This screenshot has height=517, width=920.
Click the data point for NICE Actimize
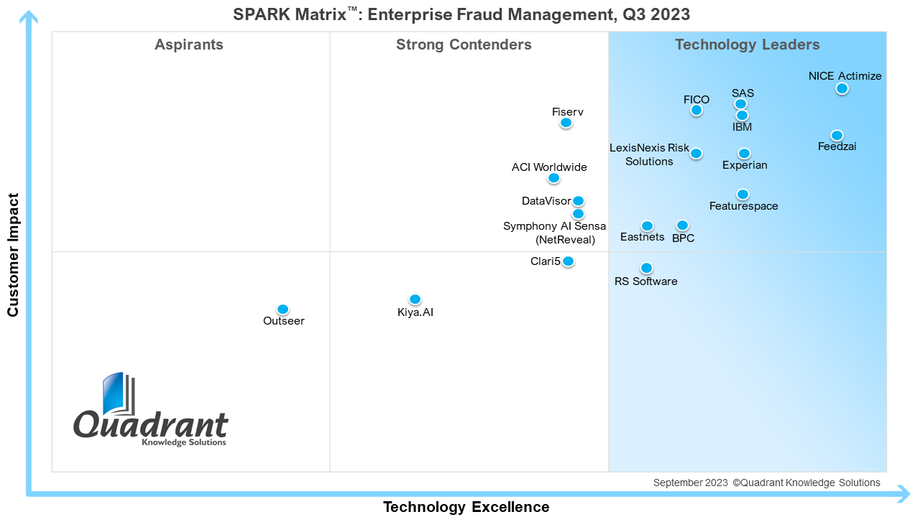842,88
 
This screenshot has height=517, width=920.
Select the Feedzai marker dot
837,135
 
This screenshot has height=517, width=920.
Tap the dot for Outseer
282,309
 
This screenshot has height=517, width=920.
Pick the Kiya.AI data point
415,299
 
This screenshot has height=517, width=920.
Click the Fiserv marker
566,123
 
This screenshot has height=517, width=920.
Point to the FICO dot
696,110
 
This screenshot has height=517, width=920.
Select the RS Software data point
646,268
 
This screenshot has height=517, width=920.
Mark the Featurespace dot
742,194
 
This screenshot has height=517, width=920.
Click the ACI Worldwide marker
553,178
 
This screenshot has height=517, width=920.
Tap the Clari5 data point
568,261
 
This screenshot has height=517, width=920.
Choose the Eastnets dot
647,226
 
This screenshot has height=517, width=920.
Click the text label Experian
745,165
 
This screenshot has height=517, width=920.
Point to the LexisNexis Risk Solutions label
649,154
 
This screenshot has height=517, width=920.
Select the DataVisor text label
546,201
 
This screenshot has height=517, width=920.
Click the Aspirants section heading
189,45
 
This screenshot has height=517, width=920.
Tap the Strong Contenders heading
464,45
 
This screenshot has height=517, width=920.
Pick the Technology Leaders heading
747,45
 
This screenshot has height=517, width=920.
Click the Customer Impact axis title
13,254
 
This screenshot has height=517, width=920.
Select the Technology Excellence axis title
466,507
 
